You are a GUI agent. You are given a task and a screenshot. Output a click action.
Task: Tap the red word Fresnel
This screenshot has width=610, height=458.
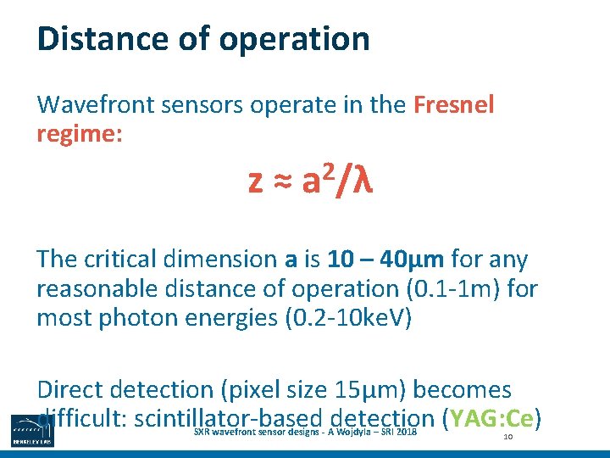(x=453, y=106)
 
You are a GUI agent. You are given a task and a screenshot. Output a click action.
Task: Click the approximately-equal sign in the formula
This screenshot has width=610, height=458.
(x=280, y=181)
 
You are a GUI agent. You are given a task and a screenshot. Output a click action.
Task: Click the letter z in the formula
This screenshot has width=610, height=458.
(x=254, y=182)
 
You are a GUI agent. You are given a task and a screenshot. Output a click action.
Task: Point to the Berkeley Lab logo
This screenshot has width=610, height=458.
(x=31, y=431)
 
